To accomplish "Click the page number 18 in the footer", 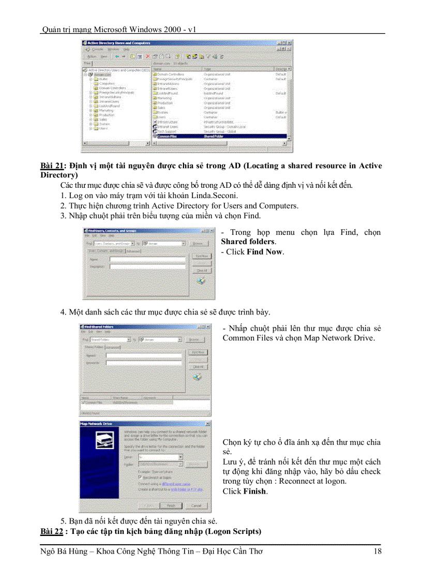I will [x=377, y=552].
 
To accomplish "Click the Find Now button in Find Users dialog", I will [x=201, y=256].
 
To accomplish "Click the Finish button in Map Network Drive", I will [x=171, y=505].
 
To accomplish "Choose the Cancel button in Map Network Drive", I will [x=196, y=505].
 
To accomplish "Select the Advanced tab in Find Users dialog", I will [x=133, y=251].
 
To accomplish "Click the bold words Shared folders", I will [x=248, y=242].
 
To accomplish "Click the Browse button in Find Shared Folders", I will [x=194, y=339].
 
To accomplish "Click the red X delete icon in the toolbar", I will [x=147, y=56].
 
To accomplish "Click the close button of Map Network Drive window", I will [x=207, y=423].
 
